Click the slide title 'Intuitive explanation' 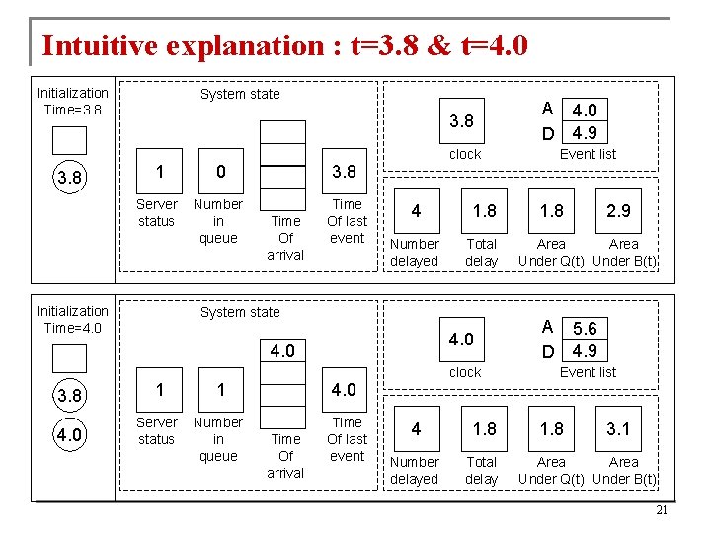click(x=284, y=44)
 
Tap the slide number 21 click(x=662, y=510)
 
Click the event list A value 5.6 click(x=584, y=330)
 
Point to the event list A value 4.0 click(x=584, y=111)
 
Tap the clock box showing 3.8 click(x=461, y=122)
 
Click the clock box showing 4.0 click(x=461, y=340)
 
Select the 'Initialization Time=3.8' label click(x=72, y=101)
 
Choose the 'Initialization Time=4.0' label click(x=72, y=319)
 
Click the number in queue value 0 click(x=220, y=172)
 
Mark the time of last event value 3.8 click(x=344, y=172)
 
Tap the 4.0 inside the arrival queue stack click(x=283, y=350)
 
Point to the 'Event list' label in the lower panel click(x=588, y=372)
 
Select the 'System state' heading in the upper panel click(x=240, y=94)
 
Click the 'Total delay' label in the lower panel click(x=482, y=470)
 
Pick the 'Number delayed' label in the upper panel click(x=415, y=252)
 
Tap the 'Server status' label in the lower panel click(x=156, y=430)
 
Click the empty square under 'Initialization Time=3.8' click(x=70, y=140)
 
